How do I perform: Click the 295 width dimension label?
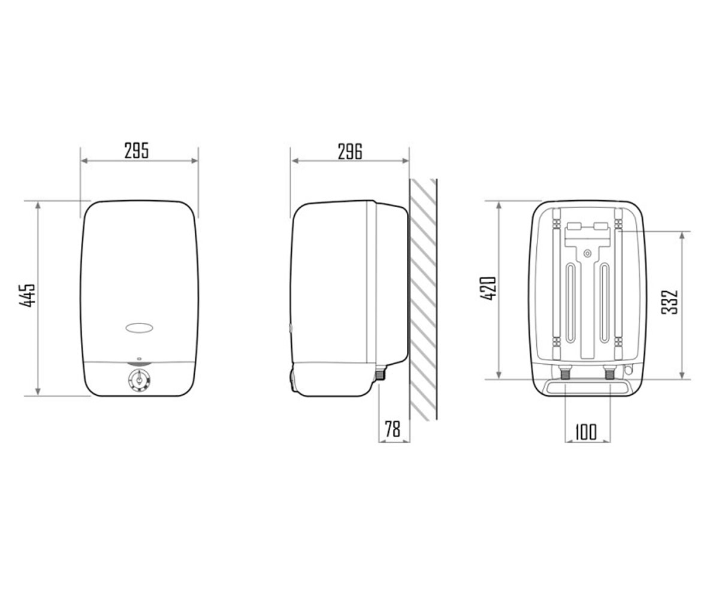[x=137, y=150]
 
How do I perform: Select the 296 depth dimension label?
[x=350, y=152]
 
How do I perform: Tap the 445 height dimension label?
[x=27, y=295]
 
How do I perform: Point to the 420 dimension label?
[x=488, y=288]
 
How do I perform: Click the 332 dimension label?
[x=669, y=302]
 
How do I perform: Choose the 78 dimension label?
[x=392, y=429]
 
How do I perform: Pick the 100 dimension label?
[x=586, y=432]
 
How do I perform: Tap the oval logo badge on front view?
[x=139, y=328]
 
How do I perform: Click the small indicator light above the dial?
[x=139, y=358]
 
